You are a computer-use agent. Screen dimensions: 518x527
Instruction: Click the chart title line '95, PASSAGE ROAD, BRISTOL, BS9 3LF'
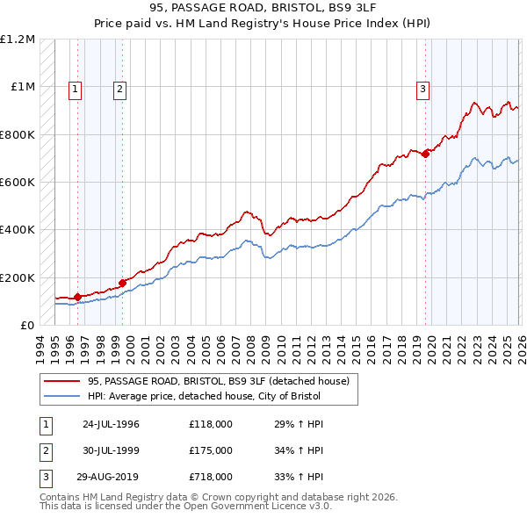pyautogui.click(x=263, y=9)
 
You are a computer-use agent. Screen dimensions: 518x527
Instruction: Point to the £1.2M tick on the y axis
pyautogui.click(x=18, y=40)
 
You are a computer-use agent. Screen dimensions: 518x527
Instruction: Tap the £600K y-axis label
pyautogui.click(x=18, y=183)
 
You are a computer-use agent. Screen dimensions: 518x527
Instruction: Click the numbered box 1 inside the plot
pyautogui.click(x=76, y=88)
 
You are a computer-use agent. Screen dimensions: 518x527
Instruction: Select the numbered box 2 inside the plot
pyautogui.click(x=119, y=88)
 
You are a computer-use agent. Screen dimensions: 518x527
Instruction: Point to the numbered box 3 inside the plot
pyautogui.click(x=423, y=88)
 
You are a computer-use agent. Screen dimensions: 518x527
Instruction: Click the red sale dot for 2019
pyautogui.click(x=425, y=154)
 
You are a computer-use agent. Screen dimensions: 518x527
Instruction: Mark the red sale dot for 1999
pyautogui.click(x=122, y=284)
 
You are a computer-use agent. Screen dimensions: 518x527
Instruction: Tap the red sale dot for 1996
pyautogui.click(x=77, y=297)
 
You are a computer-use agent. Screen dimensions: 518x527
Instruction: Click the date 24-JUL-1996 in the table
pyautogui.click(x=111, y=424)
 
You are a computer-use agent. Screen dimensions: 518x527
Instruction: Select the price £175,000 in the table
pyautogui.click(x=211, y=450)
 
